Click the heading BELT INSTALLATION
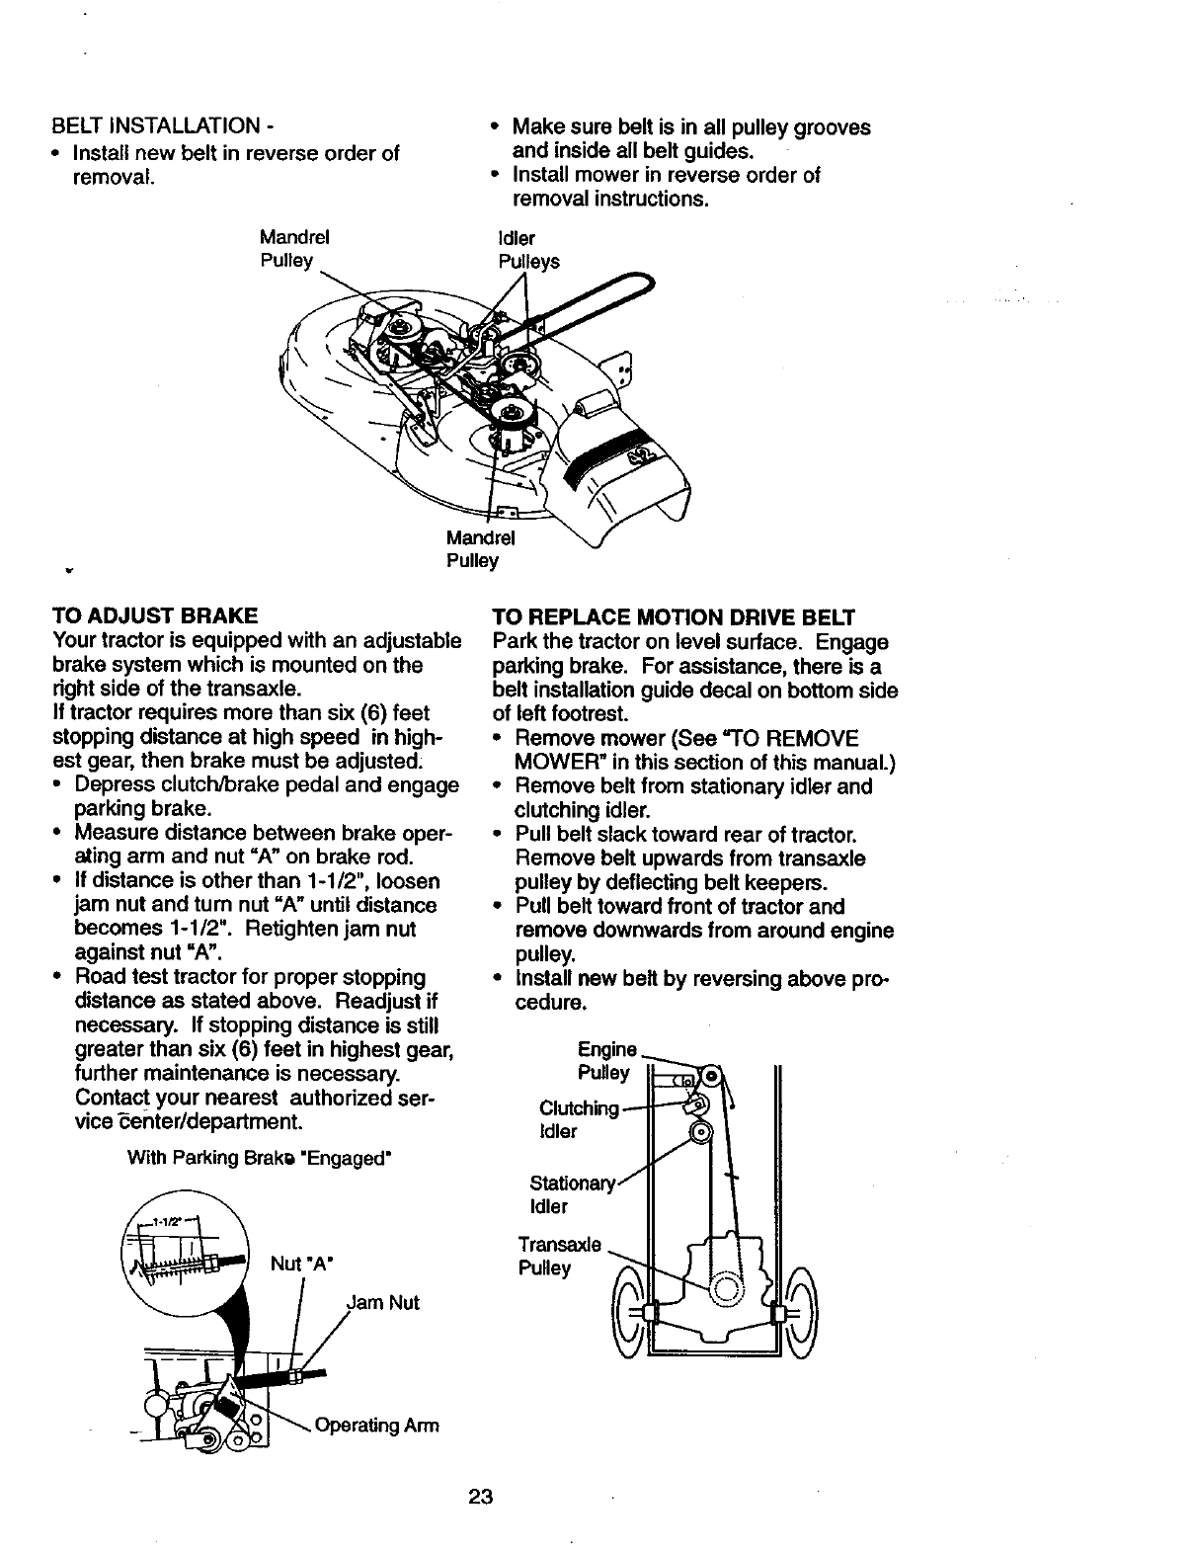[155, 128]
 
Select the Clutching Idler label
[578, 1118]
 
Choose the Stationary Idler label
[571, 1194]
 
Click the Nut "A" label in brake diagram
[303, 1264]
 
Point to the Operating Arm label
[376, 1426]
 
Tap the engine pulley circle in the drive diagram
[710, 1074]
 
